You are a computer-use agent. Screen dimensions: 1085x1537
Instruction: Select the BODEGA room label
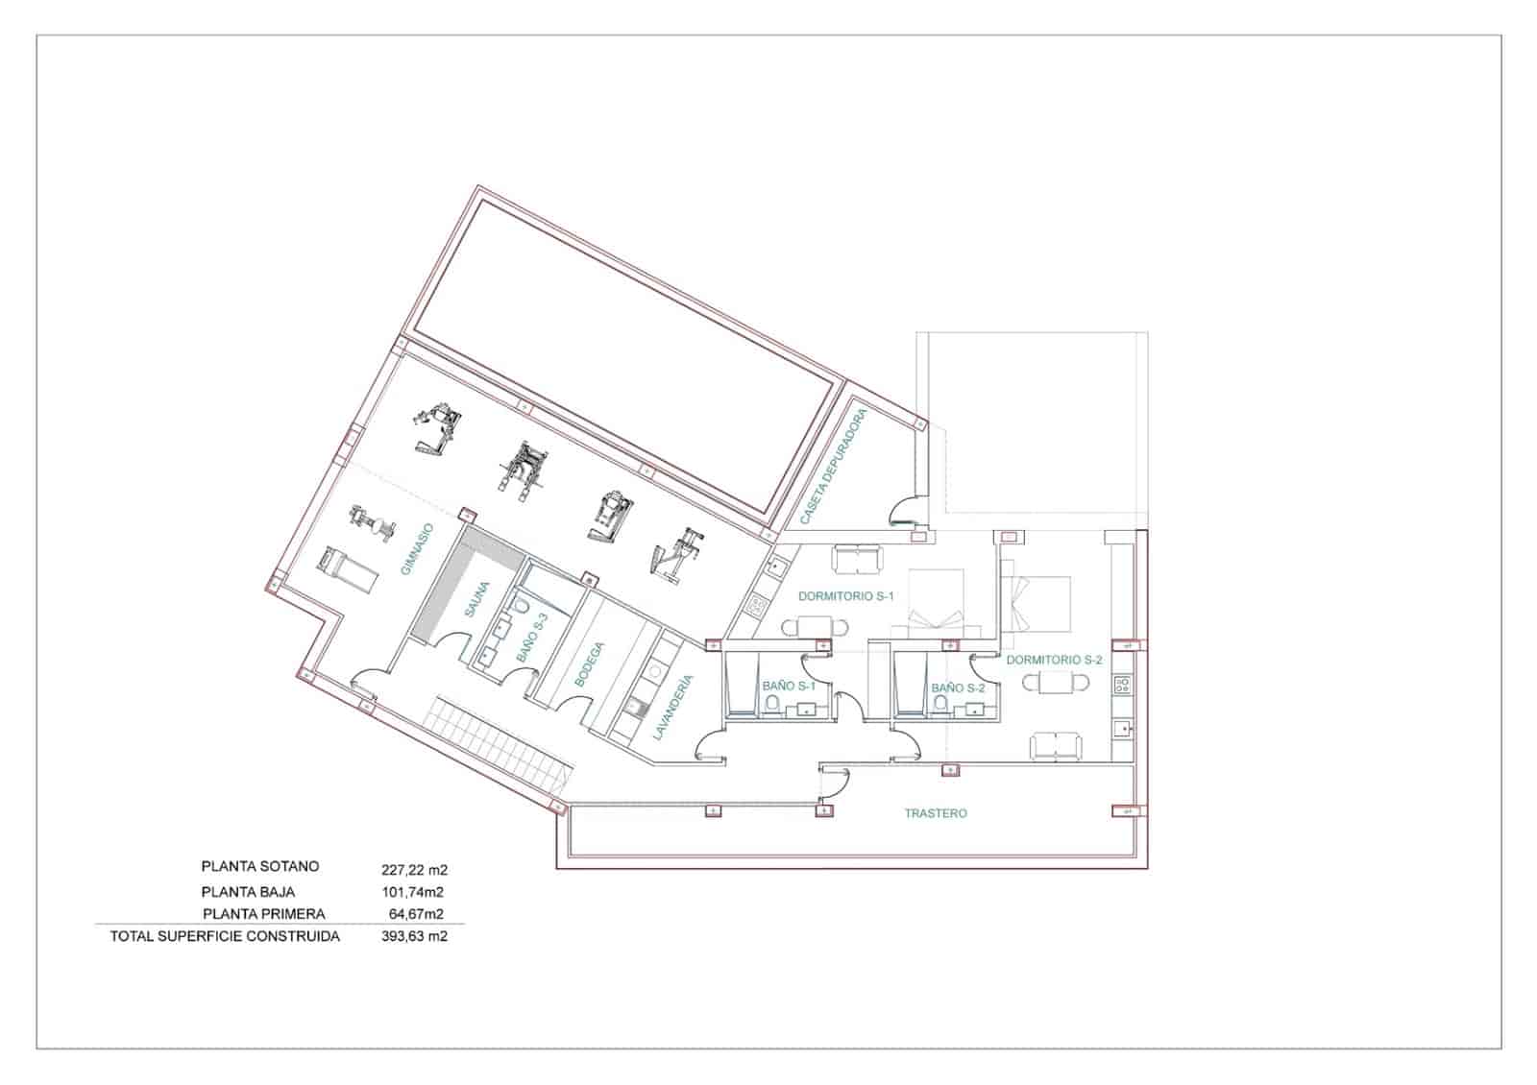(590, 663)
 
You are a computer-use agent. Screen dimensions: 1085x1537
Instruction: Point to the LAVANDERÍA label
(672, 708)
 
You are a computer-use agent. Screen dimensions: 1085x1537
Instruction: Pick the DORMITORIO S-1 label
(845, 596)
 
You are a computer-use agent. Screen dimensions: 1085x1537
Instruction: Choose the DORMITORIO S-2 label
(1054, 661)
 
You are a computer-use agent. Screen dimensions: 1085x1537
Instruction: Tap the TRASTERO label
(936, 813)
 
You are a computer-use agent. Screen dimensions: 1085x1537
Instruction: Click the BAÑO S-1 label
(789, 687)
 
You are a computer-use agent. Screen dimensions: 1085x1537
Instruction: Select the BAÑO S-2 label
(958, 687)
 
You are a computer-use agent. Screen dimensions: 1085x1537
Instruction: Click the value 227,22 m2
(415, 870)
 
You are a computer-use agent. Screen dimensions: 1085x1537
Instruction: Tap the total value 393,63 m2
(414, 936)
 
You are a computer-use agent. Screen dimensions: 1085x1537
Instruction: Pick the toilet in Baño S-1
(771, 707)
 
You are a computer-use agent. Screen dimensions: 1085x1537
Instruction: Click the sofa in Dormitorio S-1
(856, 557)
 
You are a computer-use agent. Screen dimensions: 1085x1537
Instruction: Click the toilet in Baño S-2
(940, 707)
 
